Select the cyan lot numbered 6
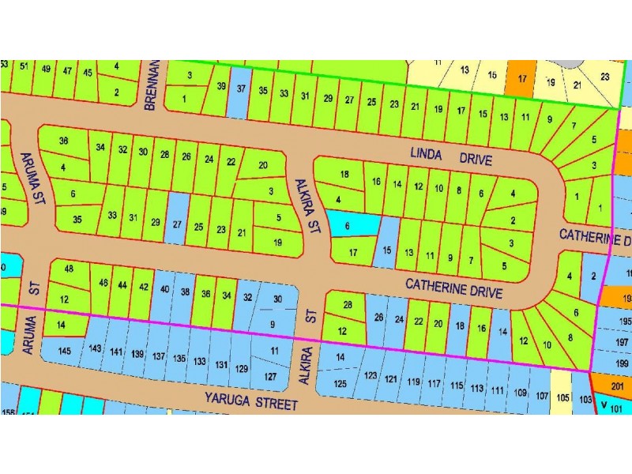point(348,225)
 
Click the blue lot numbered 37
point(241,89)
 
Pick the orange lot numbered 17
point(521,78)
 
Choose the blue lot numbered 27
point(177,222)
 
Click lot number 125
point(340,383)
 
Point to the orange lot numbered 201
point(618,386)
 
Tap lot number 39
point(221,87)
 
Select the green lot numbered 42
point(143,287)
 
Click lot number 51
point(24,69)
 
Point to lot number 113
point(476,388)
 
